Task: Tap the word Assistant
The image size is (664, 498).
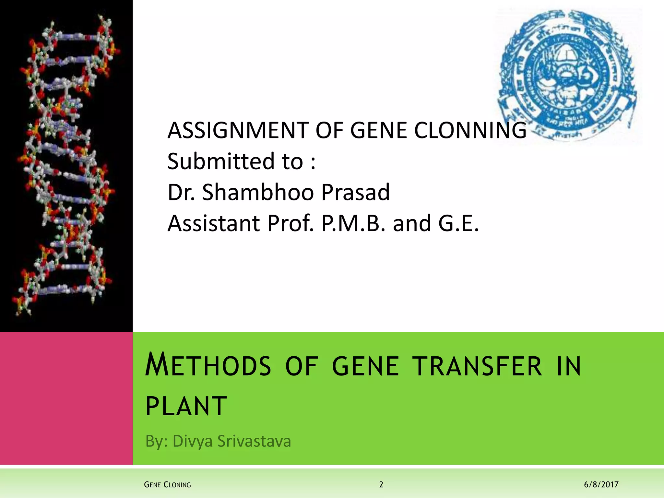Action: pyautogui.click(x=214, y=223)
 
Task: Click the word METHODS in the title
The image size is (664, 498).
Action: pyautogui.click(x=208, y=366)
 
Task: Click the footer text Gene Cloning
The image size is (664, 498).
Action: pyautogui.click(x=167, y=485)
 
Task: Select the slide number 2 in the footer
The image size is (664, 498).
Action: pyautogui.click(x=381, y=485)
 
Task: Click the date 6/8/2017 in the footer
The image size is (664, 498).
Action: pyautogui.click(x=601, y=485)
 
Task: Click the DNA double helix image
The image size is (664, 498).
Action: pyautogui.click(x=66, y=165)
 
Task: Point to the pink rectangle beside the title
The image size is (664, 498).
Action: pyautogui.click(x=66, y=398)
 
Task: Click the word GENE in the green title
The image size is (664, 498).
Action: pyautogui.click(x=365, y=366)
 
